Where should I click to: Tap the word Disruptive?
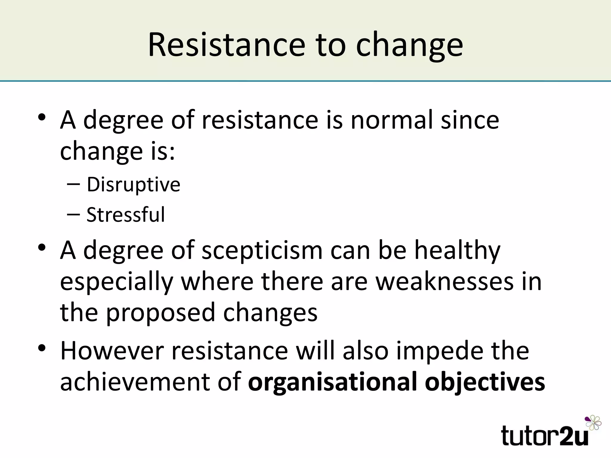(133, 185)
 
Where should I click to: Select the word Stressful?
(125, 215)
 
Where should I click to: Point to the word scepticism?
(262, 251)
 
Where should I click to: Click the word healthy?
(457, 251)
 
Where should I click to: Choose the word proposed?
(160, 313)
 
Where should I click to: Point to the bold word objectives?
(485, 382)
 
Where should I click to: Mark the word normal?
(391, 120)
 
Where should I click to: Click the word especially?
(117, 282)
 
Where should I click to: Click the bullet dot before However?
(42, 348)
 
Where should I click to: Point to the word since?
(470, 120)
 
